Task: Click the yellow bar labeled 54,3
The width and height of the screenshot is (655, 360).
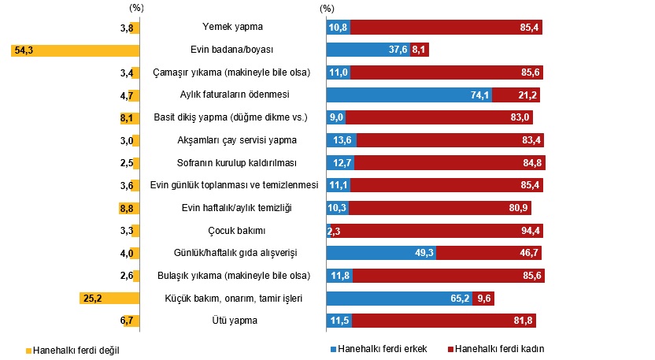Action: click(x=76, y=50)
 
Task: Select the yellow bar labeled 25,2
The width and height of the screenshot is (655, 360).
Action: click(x=109, y=298)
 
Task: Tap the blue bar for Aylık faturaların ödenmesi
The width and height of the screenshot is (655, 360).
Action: click(x=409, y=95)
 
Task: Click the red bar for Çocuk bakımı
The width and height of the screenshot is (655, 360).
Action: click(x=437, y=230)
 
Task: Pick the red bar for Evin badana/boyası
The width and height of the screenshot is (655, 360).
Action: click(x=420, y=50)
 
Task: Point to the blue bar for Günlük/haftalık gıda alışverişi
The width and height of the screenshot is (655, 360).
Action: click(x=381, y=253)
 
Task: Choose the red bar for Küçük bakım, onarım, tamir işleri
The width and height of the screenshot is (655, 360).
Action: click(x=483, y=299)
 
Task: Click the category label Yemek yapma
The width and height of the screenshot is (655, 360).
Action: click(x=233, y=27)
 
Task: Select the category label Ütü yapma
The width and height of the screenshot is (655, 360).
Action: click(x=235, y=321)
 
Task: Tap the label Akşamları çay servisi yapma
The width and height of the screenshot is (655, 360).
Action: click(x=237, y=140)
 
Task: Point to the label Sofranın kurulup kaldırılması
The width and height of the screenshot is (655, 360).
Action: click(x=236, y=162)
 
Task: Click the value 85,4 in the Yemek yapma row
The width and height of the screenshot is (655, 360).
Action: click(x=529, y=28)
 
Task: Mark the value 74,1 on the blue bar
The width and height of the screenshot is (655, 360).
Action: click(x=479, y=95)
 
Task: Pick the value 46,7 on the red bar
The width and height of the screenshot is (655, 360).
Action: click(x=529, y=253)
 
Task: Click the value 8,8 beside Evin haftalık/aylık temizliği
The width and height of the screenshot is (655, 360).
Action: click(x=127, y=208)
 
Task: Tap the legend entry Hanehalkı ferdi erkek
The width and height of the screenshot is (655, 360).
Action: click(x=379, y=349)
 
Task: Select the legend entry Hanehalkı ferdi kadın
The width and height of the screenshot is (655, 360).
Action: click(x=496, y=349)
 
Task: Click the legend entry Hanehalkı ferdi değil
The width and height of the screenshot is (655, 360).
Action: click(x=72, y=351)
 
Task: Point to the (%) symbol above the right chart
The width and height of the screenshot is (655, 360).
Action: click(x=327, y=9)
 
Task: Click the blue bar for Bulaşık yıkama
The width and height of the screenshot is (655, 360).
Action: click(x=339, y=276)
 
